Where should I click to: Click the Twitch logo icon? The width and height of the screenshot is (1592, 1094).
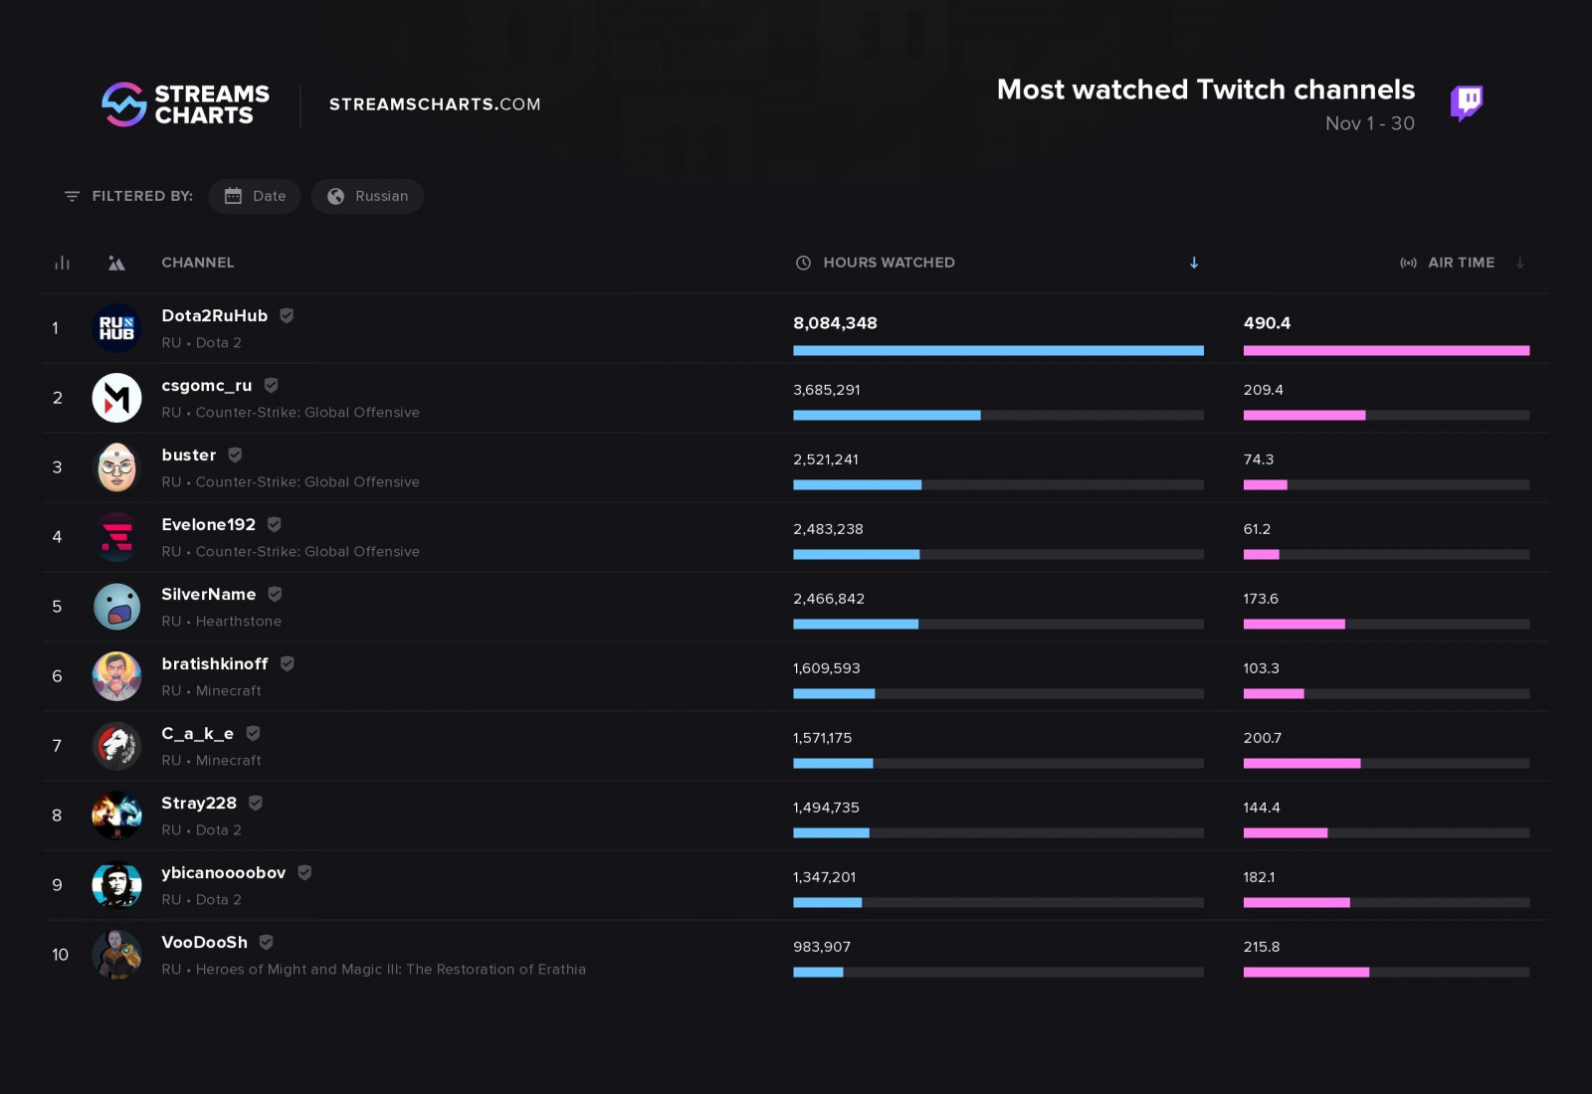(1466, 102)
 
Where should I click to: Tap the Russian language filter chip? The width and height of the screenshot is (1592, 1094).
(367, 196)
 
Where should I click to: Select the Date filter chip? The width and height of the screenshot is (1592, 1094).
(255, 196)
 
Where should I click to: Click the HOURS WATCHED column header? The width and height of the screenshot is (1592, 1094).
(888, 263)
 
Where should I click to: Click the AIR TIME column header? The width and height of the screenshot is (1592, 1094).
(1460, 263)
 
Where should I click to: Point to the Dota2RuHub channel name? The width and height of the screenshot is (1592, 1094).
(214, 315)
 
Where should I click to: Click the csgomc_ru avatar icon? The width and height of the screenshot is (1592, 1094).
(116, 398)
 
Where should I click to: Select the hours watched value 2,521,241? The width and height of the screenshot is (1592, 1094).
(825, 459)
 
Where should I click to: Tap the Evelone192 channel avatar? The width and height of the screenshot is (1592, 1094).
(116, 537)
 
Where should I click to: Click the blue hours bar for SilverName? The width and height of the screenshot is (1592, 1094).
(855, 625)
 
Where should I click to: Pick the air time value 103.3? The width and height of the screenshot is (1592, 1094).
(1261, 668)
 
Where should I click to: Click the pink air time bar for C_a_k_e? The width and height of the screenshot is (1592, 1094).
(1301, 764)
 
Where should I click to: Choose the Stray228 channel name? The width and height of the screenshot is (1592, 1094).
(199, 803)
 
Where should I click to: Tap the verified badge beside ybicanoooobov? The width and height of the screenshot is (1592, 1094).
(304, 872)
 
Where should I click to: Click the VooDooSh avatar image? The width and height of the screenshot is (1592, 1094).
(116, 955)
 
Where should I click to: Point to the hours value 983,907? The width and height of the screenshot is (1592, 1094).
(821, 947)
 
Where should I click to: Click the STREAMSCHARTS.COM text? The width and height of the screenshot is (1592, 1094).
(435, 104)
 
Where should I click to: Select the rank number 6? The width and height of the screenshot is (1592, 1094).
(57, 676)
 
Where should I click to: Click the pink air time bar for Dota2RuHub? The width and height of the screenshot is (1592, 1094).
(1386, 350)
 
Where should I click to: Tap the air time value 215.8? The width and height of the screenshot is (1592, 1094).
(1261, 947)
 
